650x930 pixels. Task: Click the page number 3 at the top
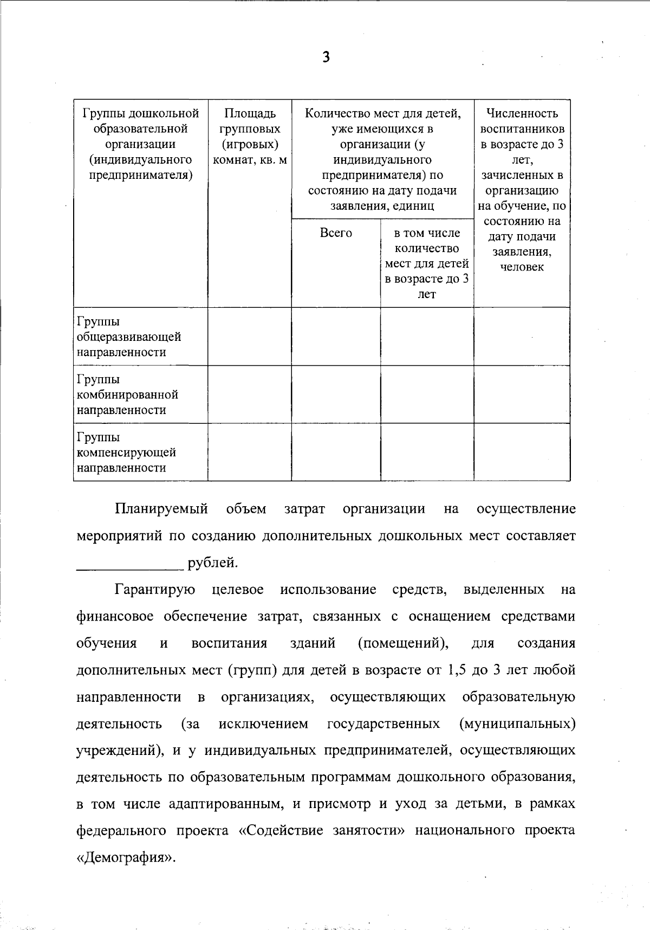tap(326, 57)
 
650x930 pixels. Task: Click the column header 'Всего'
tap(336, 233)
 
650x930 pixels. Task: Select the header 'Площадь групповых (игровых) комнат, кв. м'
tap(250, 137)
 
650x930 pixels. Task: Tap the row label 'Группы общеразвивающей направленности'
tap(129, 337)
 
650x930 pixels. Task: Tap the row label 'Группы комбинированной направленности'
tap(128, 395)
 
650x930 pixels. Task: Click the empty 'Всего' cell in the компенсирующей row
tap(336, 453)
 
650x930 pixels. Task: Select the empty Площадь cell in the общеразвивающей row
tap(250, 337)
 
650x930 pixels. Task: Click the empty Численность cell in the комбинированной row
tap(522, 395)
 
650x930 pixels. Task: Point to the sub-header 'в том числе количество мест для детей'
tap(427, 256)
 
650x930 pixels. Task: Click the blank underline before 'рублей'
tap(130, 564)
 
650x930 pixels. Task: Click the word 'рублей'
tap(212, 563)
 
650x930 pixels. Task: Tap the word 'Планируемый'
tap(161, 509)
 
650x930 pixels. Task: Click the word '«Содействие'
tap(275, 831)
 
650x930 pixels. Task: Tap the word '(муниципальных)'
tap(516, 724)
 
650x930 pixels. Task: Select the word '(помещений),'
tap(404, 643)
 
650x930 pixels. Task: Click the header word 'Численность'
tap(522, 113)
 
